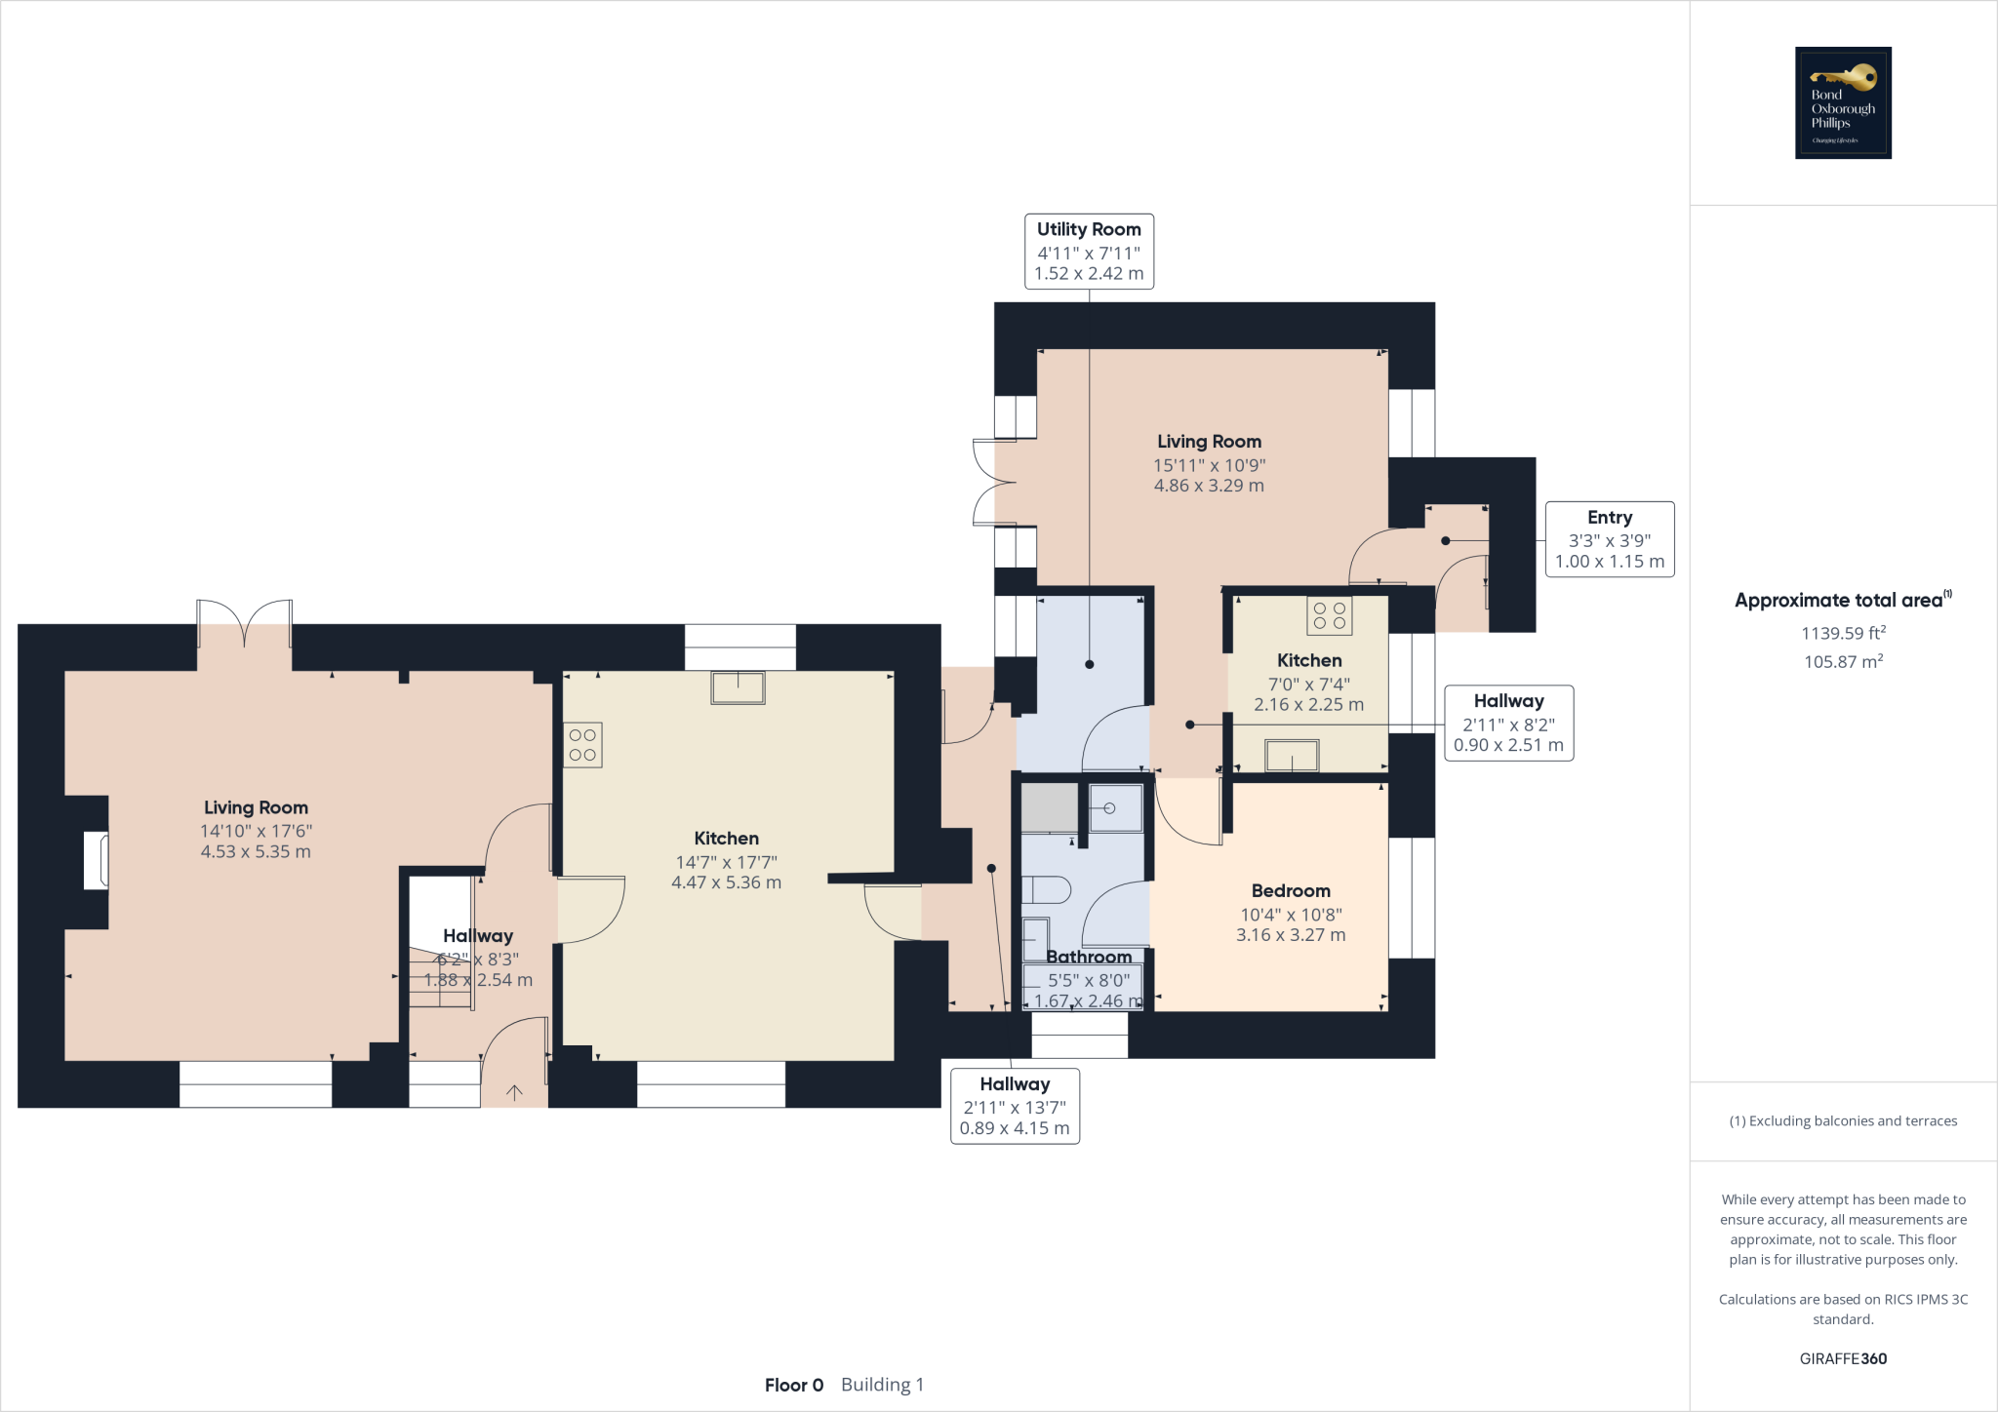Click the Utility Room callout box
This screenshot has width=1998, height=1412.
1089,252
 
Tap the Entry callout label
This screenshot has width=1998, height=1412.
1610,539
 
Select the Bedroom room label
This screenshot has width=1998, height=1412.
1290,890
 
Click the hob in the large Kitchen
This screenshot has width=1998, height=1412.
582,745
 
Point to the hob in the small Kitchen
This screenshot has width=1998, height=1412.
1329,615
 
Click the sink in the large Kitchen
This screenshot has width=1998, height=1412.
738,687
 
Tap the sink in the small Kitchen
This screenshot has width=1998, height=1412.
1292,756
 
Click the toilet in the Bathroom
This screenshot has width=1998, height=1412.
1046,889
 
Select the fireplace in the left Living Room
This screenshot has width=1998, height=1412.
96,860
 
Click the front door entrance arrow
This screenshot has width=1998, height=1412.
514,1092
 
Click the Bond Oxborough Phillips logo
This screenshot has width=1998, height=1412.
1843,102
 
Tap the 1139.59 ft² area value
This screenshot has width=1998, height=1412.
1843,633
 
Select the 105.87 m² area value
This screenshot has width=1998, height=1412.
1843,661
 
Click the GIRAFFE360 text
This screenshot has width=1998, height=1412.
1843,1358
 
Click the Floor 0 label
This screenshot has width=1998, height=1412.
793,1385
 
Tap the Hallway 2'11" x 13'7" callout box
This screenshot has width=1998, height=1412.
1015,1106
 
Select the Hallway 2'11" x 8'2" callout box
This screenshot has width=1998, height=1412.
1508,723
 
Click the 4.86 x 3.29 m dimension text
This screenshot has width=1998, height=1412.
1209,486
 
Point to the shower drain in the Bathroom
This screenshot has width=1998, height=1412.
1109,807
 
